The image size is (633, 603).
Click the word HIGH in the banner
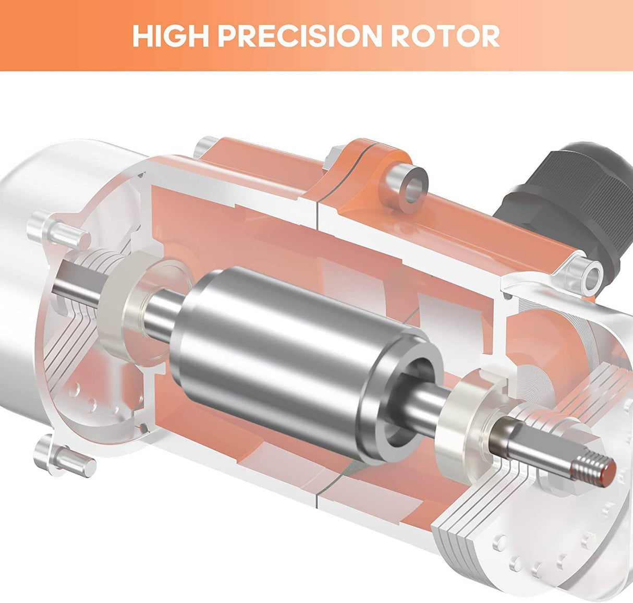point(170,35)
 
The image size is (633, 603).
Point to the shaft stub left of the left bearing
point(78,284)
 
